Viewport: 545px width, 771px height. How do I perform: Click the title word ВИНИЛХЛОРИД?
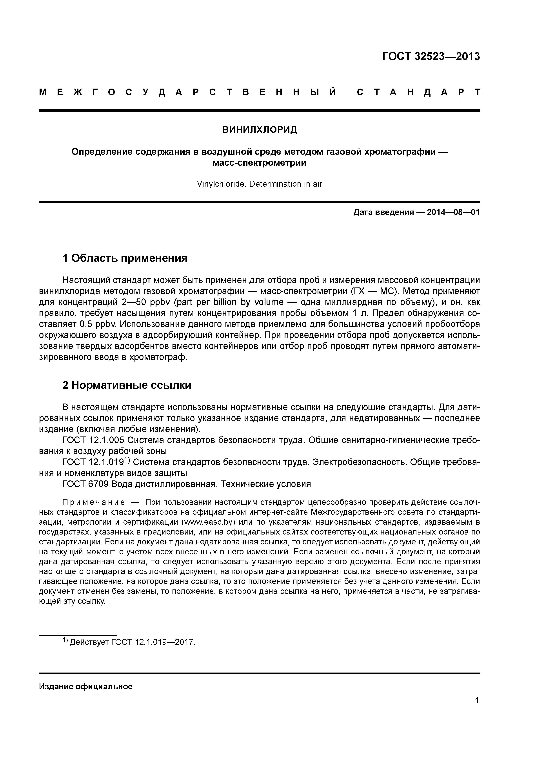coord(260,130)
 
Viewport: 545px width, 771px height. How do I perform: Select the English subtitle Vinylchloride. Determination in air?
coord(260,184)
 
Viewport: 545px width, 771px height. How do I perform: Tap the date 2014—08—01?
coord(453,213)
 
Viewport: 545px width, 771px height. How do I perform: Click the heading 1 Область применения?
coord(125,258)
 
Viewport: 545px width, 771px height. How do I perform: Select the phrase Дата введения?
coord(383,213)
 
